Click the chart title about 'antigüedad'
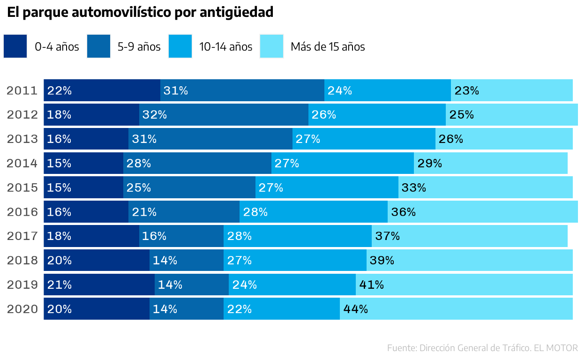(x=140, y=13)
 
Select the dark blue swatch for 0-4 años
(x=15, y=46)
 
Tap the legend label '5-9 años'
(x=139, y=47)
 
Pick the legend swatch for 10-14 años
(x=180, y=46)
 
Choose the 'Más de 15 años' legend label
(x=328, y=47)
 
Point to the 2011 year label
(x=22, y=90)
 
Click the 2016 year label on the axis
(x=22, y=212)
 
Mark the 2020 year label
(x=22, y=309)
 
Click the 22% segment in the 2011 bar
(x=102, y=90)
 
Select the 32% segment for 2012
(x=224, y=115)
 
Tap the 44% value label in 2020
(x=356, y=309)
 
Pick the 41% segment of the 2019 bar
(x=464, y=285)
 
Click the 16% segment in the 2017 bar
(x=181, y=236)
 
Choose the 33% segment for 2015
(x=486, y=187)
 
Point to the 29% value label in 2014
(x=429, y=163)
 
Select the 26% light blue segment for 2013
(x=504, y=139)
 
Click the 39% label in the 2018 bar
(x=382, y=261)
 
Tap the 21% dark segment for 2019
(x=99, y=285)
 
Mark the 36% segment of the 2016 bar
(x=483, y=212)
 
